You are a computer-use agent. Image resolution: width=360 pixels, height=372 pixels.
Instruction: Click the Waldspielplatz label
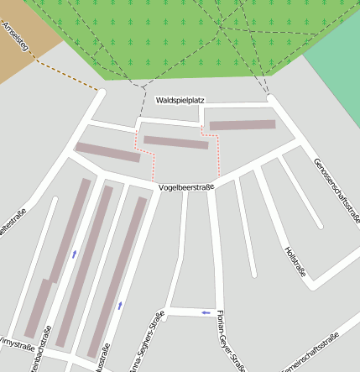pos(180,100)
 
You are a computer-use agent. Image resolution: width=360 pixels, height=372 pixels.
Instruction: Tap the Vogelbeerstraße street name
pos(186,187)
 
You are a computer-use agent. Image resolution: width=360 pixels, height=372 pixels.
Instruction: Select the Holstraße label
pos(295,262)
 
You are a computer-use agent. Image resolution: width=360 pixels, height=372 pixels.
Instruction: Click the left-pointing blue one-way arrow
pos(206,312)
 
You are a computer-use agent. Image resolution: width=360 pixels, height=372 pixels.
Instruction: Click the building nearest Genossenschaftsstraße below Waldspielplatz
pos(243,125)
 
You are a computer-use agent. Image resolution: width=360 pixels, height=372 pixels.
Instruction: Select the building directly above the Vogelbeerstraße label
pos(175,142)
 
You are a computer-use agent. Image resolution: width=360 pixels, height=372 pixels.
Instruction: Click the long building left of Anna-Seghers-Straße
pos(117,265)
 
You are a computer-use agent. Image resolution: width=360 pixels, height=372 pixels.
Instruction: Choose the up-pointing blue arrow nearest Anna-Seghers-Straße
pos(119,305)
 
